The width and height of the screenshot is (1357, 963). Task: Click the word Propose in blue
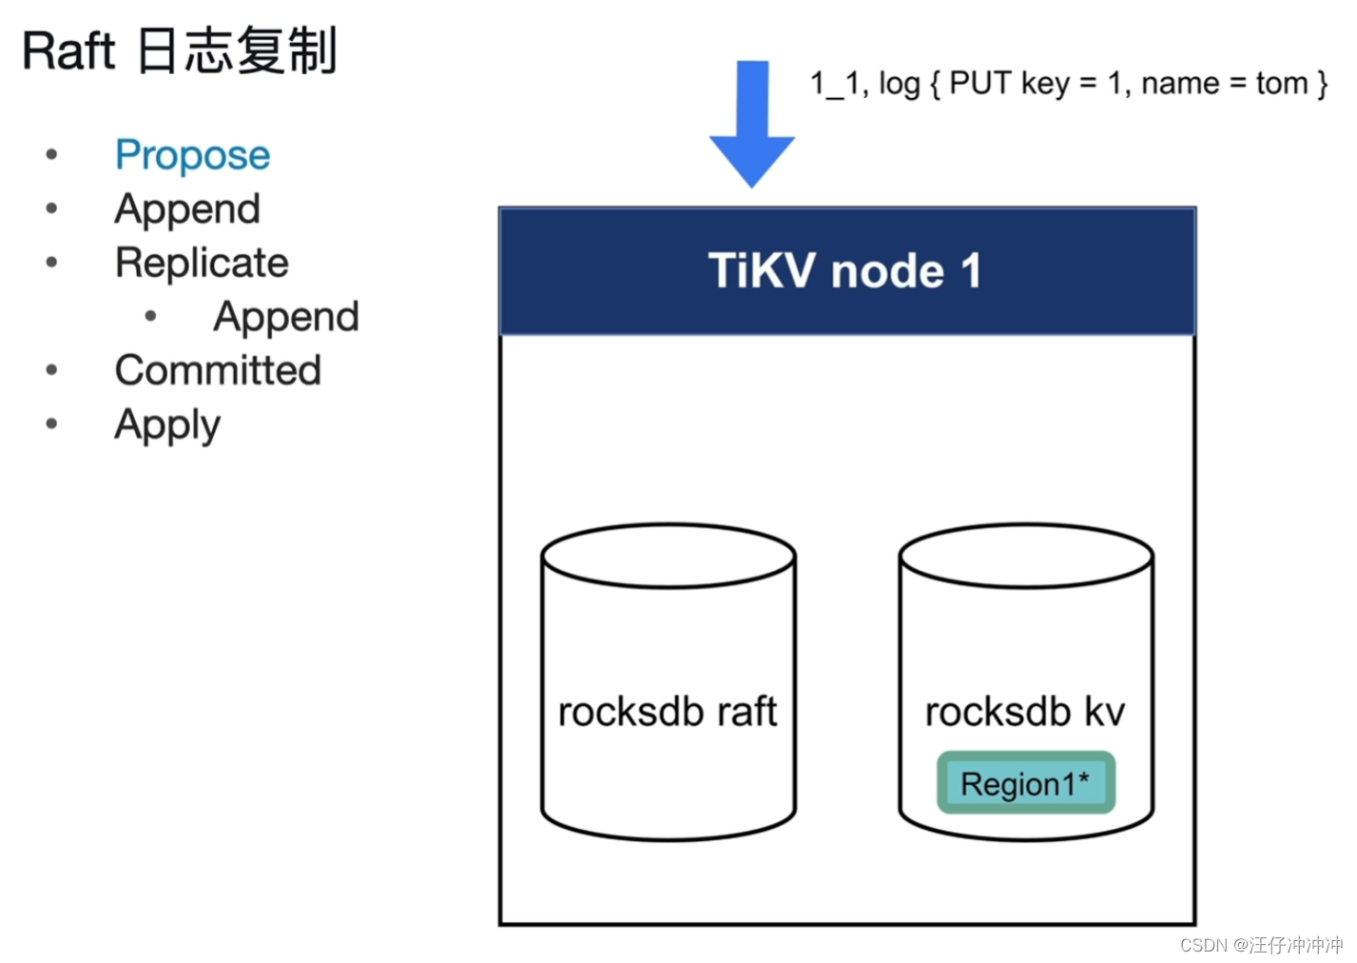point(192,155)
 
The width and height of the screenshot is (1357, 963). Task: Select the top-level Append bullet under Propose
point(187,209)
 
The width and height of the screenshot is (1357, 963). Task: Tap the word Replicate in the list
point(202,263)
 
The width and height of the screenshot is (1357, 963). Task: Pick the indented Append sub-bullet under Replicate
point(286,317)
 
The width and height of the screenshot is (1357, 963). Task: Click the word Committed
point(218,370)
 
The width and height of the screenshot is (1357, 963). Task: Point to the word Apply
point(167,424)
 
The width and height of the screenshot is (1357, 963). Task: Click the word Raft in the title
point(68,51)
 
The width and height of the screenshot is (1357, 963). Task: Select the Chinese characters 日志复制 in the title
point(237,51)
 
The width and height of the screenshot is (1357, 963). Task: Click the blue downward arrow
point(752,124)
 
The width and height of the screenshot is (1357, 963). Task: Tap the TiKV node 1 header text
point(845,271)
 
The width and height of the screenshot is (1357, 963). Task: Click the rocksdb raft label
point(668,712)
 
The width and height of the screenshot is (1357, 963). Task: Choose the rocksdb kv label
point(1025,712)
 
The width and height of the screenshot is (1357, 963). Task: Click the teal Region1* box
point(1025,783)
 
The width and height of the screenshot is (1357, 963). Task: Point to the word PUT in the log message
point(979,84)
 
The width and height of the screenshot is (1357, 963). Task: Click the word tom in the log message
point(1281,84)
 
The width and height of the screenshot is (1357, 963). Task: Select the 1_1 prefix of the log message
point(835,84)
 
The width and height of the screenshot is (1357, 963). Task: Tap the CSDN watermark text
point(1261,945)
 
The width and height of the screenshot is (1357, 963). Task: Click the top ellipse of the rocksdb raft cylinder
point(668,556)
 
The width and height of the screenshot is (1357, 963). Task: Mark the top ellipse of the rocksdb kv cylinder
point(1025,556)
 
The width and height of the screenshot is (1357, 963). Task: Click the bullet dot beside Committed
point(51,370)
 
